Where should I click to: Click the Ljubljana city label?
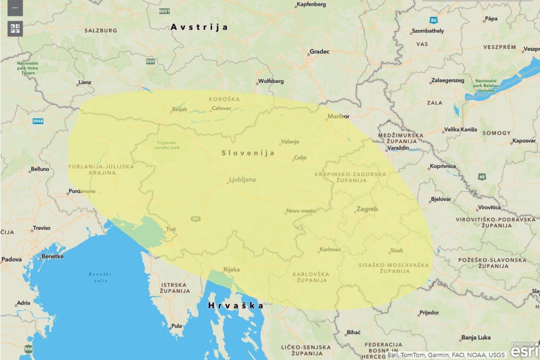[243, 180]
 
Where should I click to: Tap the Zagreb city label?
[367, 209]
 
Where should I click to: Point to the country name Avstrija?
[199, 27]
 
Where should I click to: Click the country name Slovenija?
[248, 153]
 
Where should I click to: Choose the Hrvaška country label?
[236, 306]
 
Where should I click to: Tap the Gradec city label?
[319, 52]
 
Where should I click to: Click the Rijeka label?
[231, 270]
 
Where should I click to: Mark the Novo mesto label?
[301, 211]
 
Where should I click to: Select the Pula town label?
[177, 326]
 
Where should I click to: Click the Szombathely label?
[427, 31]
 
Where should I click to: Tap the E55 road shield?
[150, 61]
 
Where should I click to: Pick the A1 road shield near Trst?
[195, 219]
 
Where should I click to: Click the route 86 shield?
[433, 20]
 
